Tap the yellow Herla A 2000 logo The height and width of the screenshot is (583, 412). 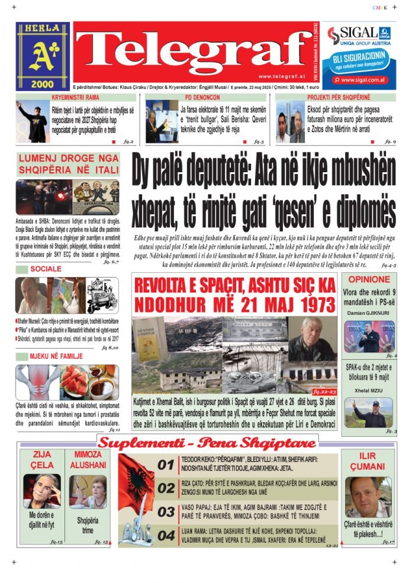point(43,56)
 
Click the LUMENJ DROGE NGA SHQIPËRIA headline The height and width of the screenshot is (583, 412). point(68,165)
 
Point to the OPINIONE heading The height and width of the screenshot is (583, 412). point(369,279)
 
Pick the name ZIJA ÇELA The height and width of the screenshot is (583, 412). point(41,460)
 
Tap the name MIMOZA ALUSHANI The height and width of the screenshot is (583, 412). point(87,460)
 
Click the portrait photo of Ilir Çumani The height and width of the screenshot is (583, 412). point(368,497)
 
